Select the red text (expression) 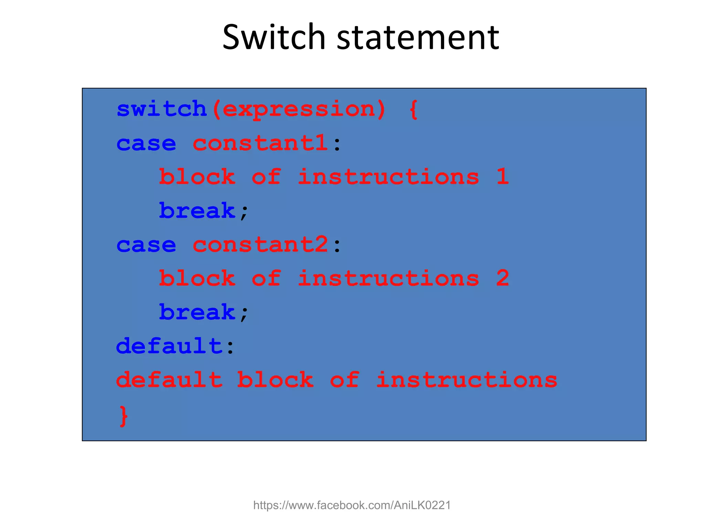coord(299,110)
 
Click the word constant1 coord(260,143)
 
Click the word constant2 coord(260,245)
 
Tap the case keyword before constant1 coord(146,144)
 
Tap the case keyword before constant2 coord(146,245)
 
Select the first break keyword coord(197,210)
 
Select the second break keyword coord(197,312)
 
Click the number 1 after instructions coord(502,176)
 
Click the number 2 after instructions coord(502,278)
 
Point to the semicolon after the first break coord(244,212)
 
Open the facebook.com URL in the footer coord(352,505)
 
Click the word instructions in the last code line coord(466,380)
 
